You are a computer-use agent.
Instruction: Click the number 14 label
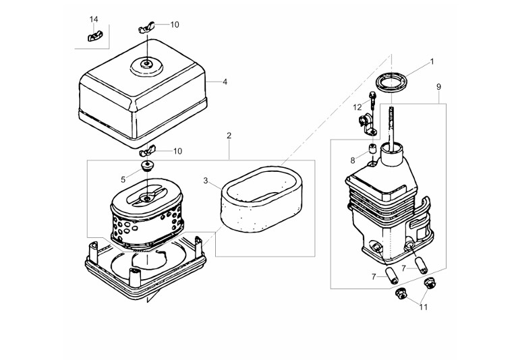point(94,19)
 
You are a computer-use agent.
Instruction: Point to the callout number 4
point(225,82)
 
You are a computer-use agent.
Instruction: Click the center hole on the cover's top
point(145,65)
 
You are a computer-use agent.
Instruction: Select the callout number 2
point(229,136)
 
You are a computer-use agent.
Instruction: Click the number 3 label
point(206,181)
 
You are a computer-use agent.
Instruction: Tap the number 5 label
point(123,179)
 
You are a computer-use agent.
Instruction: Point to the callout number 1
point(432,62)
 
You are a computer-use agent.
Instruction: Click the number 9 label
point(438,87)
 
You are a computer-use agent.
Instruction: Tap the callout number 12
point(357,107)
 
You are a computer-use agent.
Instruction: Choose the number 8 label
point(352,160)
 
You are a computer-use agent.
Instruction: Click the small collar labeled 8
point(371,149)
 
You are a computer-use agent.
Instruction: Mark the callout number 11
point(424,307)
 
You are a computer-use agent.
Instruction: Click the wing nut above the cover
point(146,27)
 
